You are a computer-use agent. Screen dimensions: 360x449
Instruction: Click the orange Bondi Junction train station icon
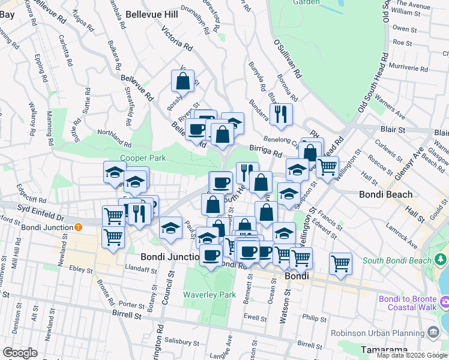coord(78,227)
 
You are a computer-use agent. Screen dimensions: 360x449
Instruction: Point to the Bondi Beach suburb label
coord(385,194)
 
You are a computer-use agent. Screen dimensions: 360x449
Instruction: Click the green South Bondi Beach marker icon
coord(442,260)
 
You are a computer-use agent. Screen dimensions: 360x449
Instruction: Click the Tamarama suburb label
coord(384,349)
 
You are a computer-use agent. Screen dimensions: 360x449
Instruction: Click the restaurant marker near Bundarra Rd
coord(280,113)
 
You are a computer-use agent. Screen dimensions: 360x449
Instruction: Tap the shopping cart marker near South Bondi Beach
coord(340,263)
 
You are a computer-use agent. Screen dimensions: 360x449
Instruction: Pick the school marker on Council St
coord(170,229)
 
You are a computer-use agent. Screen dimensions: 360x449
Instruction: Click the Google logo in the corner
coord(19,353)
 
